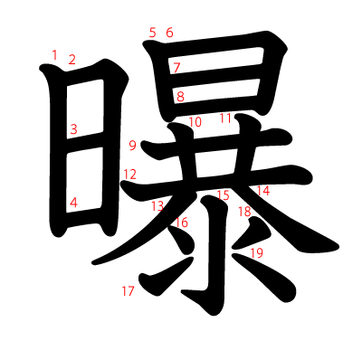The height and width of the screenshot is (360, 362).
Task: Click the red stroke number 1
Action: pos(54,55)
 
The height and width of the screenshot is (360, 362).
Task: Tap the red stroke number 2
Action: pos(72,60)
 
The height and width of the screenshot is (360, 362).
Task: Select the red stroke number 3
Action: pos(73,129)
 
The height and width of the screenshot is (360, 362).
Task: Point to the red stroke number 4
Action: pos(73,203)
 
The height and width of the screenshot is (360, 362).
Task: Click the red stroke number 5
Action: pos(153,33)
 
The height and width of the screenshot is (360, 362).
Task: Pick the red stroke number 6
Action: pos(169,33)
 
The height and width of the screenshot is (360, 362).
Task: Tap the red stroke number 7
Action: pos(176,67)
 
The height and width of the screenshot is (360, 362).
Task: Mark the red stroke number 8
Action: pos(180,96)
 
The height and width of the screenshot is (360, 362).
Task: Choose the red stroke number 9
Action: pos(132,145)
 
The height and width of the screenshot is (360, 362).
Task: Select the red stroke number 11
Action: pos(225,118)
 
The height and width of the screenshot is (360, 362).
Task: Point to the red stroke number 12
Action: pos(130,174)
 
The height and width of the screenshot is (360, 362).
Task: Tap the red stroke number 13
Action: pos(157,206)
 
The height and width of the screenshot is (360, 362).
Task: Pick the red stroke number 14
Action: pos(263,191)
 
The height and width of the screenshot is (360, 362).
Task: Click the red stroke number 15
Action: pos(223,195)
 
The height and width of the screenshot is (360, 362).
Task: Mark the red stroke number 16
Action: pos(182,223)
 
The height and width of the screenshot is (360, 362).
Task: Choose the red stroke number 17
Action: pos(128,290)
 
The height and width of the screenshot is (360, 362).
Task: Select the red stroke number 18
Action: pos(244,212)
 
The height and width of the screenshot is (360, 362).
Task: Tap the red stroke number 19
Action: pos(256,253)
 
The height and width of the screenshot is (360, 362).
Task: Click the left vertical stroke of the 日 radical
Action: pos(56,154)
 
